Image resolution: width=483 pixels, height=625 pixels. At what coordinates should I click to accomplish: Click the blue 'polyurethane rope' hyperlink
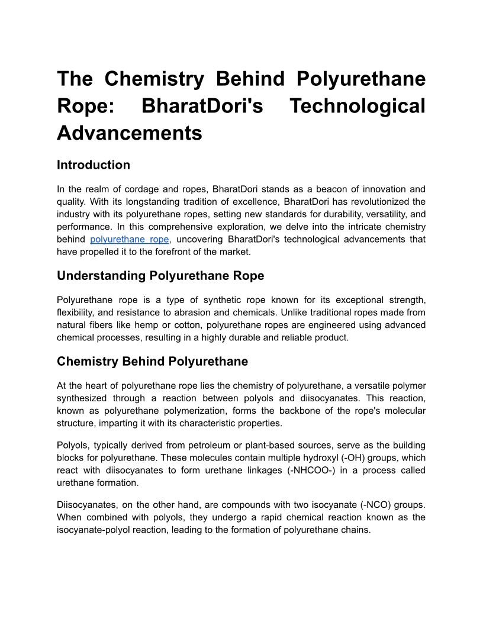pos(130,239)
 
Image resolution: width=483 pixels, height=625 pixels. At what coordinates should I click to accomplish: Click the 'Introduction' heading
pos(94,165)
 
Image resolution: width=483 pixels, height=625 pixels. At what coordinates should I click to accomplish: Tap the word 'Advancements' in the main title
pos(130,133)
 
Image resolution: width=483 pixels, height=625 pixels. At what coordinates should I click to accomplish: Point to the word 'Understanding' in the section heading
pos(101,275)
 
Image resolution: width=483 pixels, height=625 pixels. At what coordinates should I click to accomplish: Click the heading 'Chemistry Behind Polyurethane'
pos(152,361)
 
